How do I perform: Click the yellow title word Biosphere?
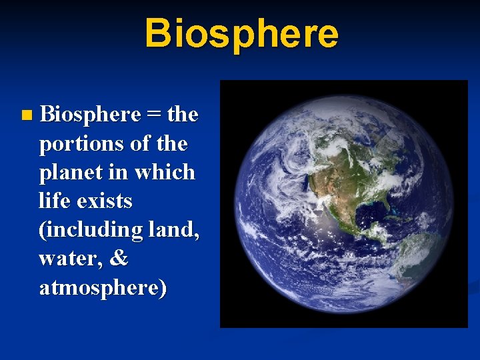[x=241, y=33]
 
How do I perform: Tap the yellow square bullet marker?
[x=26, y=116]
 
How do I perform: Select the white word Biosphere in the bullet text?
[x=90, y=115]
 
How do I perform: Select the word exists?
[x=105, y=201]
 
